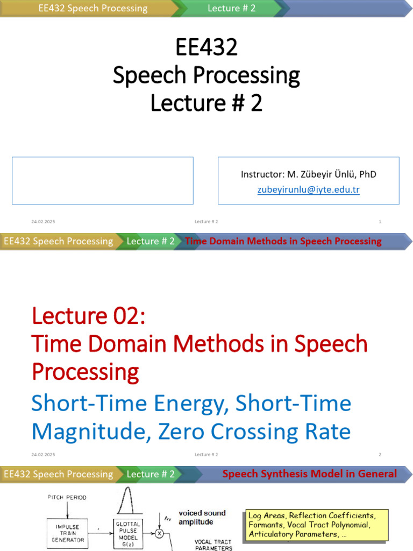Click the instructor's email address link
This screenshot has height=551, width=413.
coord(308,190)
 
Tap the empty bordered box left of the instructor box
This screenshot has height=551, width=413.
coord(103,181)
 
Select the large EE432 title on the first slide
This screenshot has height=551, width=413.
coord(206,48)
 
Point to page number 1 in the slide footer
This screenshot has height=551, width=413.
coord(380,222)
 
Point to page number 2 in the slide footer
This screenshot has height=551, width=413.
coord(380,455)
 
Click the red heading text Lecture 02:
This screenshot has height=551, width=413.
coord(88,315)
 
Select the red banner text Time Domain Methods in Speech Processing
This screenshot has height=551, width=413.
coord(283,241)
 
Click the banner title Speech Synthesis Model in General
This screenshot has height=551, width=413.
coord(309,474)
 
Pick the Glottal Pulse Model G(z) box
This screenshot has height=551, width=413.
coord(128,533)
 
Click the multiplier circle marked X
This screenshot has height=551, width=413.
coord(159,534)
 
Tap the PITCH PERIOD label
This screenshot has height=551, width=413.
coord(67,498)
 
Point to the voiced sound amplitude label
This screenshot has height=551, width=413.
coord(202,518)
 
